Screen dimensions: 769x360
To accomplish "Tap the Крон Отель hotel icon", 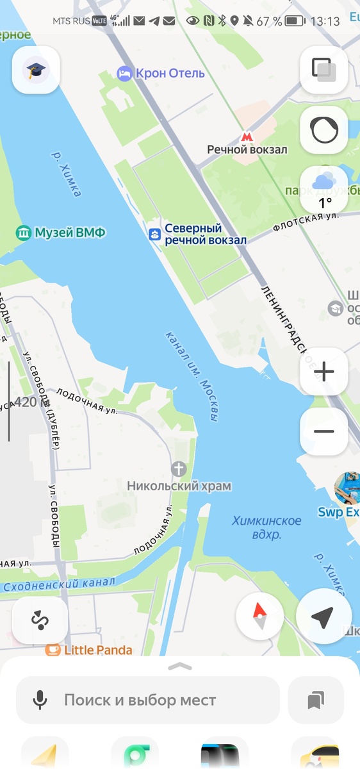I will coord(124,74).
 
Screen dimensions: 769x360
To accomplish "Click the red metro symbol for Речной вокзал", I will coord(247,136).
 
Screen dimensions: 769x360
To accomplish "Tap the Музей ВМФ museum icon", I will coord(24,232).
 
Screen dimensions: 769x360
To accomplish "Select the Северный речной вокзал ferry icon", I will coord(154,235).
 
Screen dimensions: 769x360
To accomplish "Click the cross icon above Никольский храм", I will coord(179,469).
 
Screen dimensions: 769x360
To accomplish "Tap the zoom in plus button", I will coord(324,372).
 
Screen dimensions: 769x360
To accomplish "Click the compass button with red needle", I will coord(259,617).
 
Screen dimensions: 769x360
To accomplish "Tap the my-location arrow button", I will coord(323,617).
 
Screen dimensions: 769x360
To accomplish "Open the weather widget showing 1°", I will coord(324,190).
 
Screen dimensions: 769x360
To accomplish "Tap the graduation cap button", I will coord(36,70).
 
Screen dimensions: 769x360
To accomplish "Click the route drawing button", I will coord(40,620).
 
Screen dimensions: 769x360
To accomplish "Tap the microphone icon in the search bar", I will coord(40,700).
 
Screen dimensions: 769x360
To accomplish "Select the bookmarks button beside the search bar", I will coord(315,700).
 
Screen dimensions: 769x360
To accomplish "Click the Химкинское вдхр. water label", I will coord(257,527).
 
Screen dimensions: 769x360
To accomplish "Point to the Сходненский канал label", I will coord(59,584).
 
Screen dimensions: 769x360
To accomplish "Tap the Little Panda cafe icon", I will coord(53,650).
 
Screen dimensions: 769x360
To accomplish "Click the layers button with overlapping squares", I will coord(324,70).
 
